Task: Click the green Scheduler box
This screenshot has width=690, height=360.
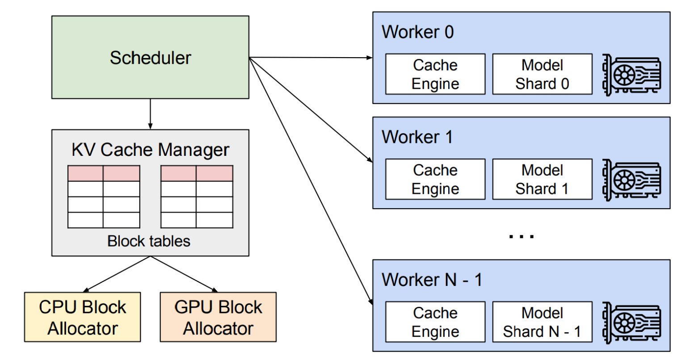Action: click(x=150, y=58)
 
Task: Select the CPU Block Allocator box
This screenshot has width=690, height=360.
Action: click(x=83, y=318)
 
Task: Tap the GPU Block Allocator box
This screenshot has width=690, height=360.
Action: click(x=218, y=318)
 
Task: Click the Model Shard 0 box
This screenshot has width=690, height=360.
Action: click(x=542, y=74)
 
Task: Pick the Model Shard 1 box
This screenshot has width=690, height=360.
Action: click(x=542, y=179)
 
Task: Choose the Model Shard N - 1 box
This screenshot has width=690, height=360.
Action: click(x=542, y=322)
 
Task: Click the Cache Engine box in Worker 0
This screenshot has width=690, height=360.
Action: click(x=435, y=74)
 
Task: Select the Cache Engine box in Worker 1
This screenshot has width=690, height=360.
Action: click(x=435, y=179)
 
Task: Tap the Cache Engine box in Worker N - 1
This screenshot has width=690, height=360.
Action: click(x=435, y=322)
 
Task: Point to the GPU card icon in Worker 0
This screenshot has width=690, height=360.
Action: click(x=631, y=75)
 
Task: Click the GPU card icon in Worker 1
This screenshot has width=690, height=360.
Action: click(x=631, y=180)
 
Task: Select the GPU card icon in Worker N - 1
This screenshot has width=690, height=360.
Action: click(x=631, y=322)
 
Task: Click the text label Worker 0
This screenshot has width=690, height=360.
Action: click(x=417, y=32)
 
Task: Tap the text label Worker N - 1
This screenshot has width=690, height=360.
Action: click(x=432, y=280)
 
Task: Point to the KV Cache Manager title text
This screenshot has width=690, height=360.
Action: click(x=150, y=150)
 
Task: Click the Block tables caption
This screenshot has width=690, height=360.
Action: click(x=149, y=241)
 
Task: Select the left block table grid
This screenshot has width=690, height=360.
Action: click(x=104, y=197)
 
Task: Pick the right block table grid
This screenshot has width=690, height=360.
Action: click(x=197, y=197)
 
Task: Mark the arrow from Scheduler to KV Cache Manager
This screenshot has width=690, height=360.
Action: click(x=150, y=114)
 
